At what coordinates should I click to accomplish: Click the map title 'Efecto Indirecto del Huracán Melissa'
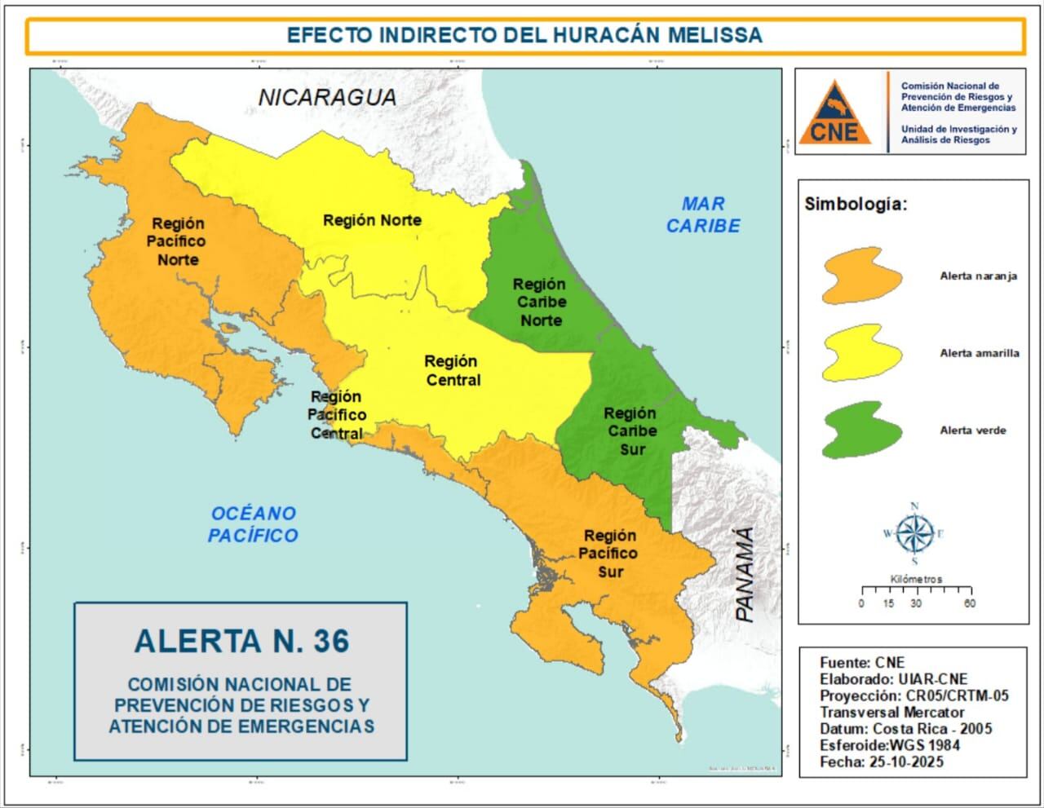tap(524, 35)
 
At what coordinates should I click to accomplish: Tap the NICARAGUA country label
tap(327, 97)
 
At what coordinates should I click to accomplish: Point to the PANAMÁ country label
tap(745, 574)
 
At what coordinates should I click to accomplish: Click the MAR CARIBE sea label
tap(703, 215)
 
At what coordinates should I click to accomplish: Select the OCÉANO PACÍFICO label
tap(253, 524)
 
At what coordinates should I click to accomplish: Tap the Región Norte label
tap(372, 220)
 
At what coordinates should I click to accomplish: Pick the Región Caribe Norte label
tap(540, 302)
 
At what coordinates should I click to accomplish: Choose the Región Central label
tap(452, 370)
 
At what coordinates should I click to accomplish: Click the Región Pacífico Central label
tap(336, 415)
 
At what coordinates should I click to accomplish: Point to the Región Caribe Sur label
tap(630, 430)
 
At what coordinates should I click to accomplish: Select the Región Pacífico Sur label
tap(609, 553)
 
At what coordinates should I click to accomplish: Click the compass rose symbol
tap(914, 534)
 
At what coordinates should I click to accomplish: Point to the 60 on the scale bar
tap(969, 603)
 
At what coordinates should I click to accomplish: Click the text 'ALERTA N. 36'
tap(241, 641)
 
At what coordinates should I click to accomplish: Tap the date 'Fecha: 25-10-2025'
tap(881, 762)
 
